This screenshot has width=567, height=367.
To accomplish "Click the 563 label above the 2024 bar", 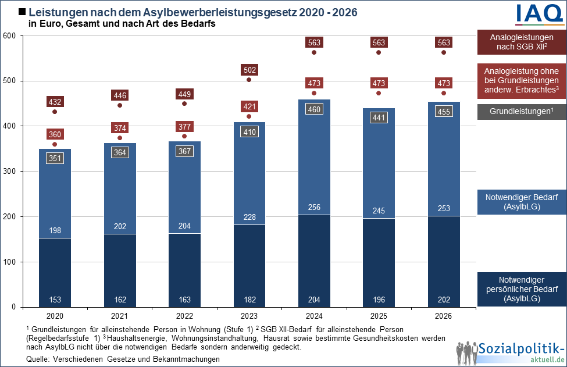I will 314,42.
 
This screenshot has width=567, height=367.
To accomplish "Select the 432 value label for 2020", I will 55,102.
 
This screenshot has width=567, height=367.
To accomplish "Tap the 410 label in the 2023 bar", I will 249,132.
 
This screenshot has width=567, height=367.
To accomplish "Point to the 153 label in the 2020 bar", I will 55,300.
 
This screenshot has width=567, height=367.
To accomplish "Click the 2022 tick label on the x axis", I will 184,316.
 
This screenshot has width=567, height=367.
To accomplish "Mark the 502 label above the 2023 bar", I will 249,70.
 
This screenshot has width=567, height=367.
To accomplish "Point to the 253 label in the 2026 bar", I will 444,209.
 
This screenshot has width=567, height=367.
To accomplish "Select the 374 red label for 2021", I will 120,128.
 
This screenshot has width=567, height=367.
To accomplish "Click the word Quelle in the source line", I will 38,359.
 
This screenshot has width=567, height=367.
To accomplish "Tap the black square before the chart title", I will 23,12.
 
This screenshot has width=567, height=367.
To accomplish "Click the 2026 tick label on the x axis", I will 444,316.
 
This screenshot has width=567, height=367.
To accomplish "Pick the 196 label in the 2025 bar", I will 379,300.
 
